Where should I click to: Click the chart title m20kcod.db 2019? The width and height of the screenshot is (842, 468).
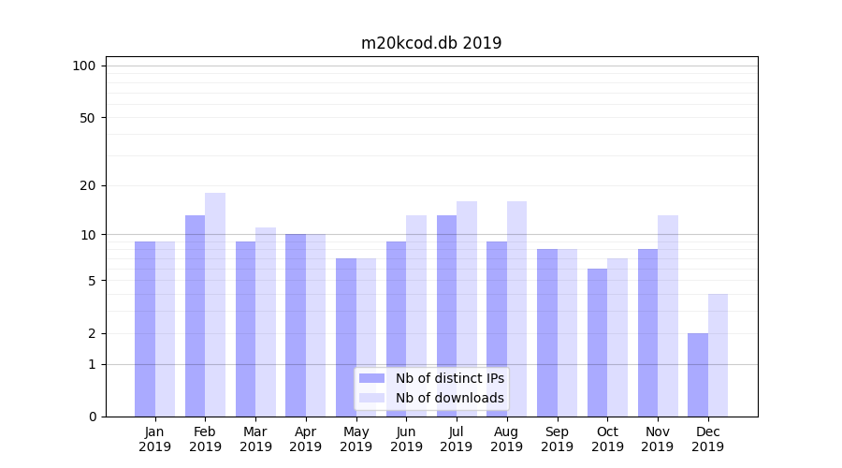[x=431, y=43]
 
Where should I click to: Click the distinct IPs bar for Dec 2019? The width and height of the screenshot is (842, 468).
[x=698, y=374]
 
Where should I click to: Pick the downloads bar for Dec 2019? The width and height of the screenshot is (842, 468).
[x=718, y=355]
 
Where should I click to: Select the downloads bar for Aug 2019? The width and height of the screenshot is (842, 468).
[x=516, y=309]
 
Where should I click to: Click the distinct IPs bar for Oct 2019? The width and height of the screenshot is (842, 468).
[x=597, y=343]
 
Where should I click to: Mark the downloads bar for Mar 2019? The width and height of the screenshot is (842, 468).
[x=265, y=322]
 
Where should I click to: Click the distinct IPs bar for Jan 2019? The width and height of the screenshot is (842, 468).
[x=145, y=329]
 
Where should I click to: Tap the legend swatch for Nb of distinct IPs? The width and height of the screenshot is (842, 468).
[x=371, y=378]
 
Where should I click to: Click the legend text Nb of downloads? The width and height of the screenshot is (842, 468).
[x=449, y=398]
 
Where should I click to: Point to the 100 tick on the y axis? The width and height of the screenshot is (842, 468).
[x=84, y=66]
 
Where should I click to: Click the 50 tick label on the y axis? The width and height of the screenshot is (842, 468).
[x=88, y=118]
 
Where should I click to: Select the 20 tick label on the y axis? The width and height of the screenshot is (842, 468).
[x=88, y=185]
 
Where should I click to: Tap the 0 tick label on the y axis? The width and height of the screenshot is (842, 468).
[x=92, y=417]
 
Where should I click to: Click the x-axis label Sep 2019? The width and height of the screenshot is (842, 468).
[x=557, y=439]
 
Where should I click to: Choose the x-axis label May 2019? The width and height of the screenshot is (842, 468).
[x=356, y=439]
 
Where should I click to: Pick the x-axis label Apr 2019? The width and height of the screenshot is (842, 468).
[x=306, y=439]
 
